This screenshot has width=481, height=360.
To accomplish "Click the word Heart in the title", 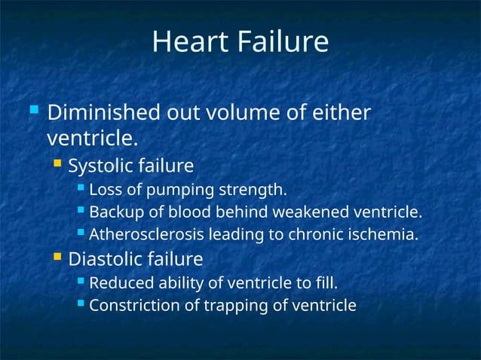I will pyautogui.click(x=183, y=42).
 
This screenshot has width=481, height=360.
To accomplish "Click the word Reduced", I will pyautogui.click(x=119, y=283).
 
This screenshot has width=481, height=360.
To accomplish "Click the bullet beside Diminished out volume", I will pyautogui.click(x=32, y=111).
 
